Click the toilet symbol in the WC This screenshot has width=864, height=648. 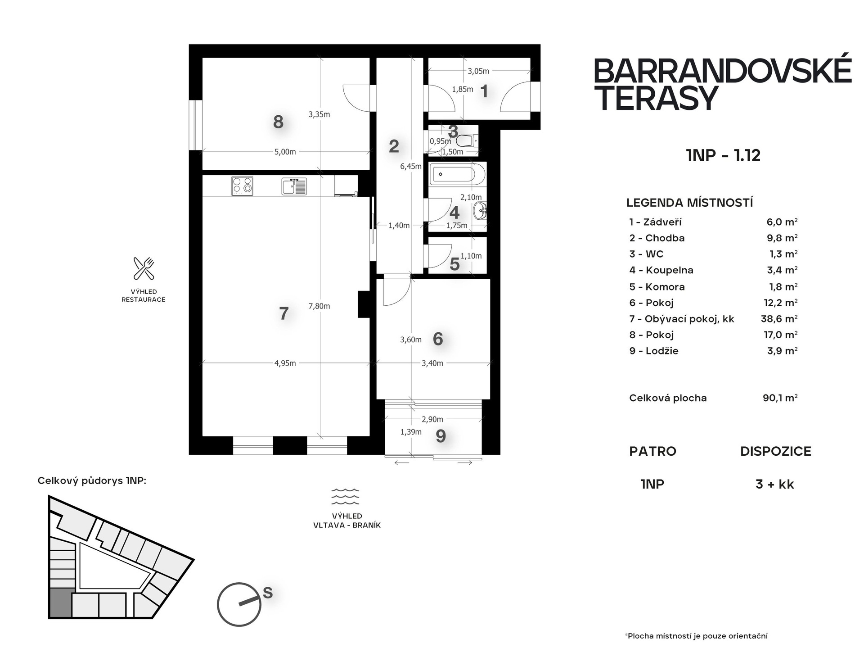point(467,141)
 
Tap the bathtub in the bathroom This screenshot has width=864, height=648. point(457,174)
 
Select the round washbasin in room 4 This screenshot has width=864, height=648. point(480,210)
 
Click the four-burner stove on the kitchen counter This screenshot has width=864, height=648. point(242,186)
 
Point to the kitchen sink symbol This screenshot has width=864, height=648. point(294,186)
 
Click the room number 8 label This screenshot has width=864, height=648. point(278,122)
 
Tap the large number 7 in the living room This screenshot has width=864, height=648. point(283,313)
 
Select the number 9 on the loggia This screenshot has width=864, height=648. point(441,435)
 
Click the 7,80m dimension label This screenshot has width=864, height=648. point(319,306)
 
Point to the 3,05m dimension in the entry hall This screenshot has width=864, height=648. point(478,71)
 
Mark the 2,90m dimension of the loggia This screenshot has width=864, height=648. point(432,419)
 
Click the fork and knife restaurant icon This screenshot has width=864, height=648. point(144,268)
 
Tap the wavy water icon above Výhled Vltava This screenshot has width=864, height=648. point(345,496)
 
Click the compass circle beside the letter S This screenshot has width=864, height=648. point(239,604)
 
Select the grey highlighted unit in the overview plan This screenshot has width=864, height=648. point(60,603)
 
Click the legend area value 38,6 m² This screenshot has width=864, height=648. point(779,319)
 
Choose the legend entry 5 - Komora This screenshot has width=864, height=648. point(657,287)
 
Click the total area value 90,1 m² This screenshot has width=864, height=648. point(780,398)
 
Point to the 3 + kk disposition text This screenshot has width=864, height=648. point(775,484)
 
